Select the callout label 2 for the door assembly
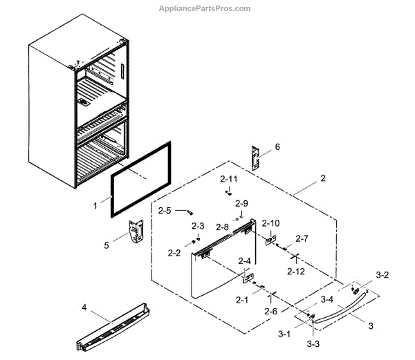[x=322, y=178]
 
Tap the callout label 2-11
[x=229, y=179]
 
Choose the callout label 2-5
[x=165, y=210]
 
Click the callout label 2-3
[x=198, y=226]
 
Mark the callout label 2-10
[x=272, y=223]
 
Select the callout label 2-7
[x=302, y=238]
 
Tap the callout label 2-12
[x=295, y=272]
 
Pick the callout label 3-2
[x=382, y=275]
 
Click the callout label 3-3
[x=314, y=343]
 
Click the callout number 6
[x=277, y=146]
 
